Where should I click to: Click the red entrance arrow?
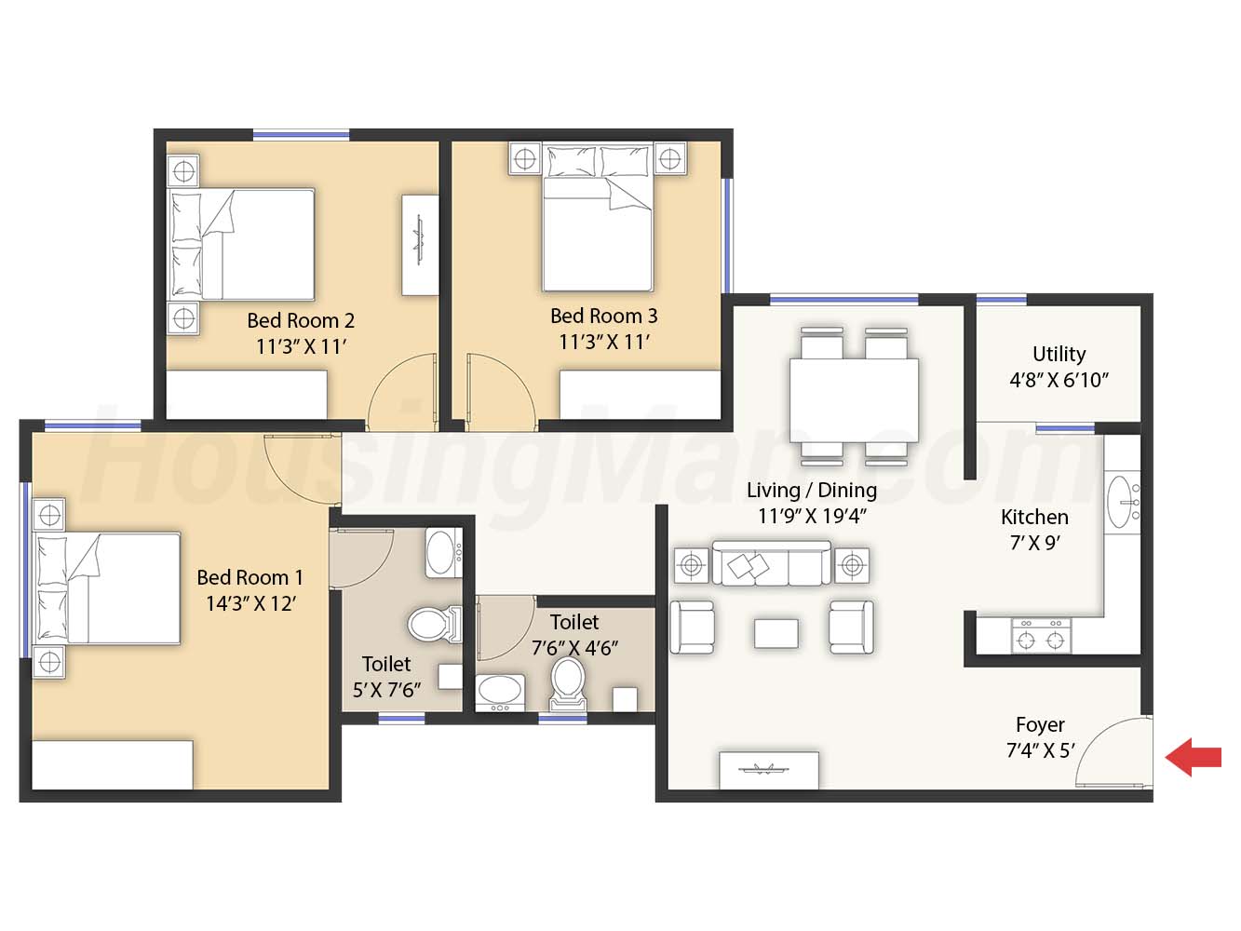coord(1193,757)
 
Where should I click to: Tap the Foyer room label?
coord(1040,724)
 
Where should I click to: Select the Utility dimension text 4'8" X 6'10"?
coord(1059,380)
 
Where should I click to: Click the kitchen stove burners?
coord(1041,635)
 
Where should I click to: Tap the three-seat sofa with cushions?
coord(771,563)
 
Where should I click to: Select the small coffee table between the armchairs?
coord(776,634)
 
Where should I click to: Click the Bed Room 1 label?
coord(250,578)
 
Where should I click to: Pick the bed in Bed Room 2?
coord(242,244)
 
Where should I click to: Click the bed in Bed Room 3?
coord(598,217)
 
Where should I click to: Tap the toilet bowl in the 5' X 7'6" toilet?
coord(435,624)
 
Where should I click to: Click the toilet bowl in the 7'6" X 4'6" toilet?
coord(568,684)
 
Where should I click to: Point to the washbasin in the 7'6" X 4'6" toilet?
coord(500,693)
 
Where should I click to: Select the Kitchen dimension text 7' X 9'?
coord(1034,543)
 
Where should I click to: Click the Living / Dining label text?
coord(812,490)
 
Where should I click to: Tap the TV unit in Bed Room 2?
coord(420,246)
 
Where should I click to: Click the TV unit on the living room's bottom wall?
coord(769,771)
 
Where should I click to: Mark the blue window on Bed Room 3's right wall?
coord(728,236)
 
